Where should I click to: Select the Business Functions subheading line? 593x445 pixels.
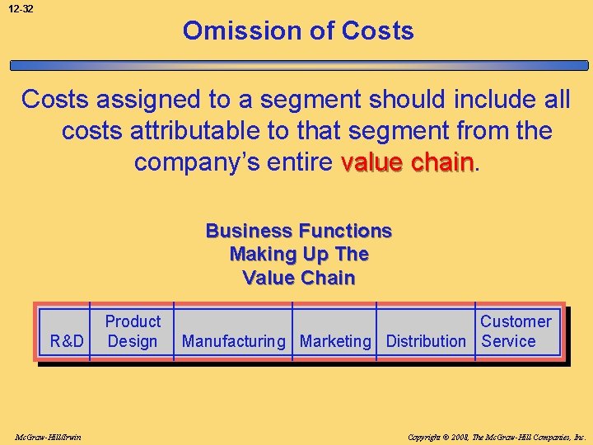click(298, 231)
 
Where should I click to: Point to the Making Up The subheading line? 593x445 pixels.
click(298, 254)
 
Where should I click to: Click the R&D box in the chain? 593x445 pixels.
click(67, 340)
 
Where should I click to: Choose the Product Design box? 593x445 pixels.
click(133, 331)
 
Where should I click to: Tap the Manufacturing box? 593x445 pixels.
click(235, 340)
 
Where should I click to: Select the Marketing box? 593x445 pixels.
click(335, 340)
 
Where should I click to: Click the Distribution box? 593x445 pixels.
click(426, 340)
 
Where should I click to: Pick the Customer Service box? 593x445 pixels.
click(516, 331)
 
